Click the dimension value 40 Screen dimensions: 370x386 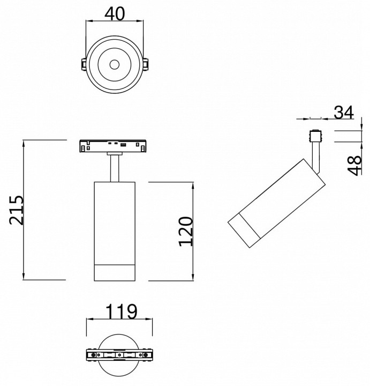click(x=115, y=14)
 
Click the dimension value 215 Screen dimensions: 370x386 click(x=17, y=210)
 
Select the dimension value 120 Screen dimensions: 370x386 click(x=186, y=232)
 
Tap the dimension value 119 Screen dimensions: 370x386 click(x=121, y=312)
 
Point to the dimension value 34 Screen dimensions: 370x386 click(x=344, y=113)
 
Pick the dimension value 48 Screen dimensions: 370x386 click(x=355, y=166)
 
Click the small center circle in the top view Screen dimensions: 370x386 click(x=114, y=64)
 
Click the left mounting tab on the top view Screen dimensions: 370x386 click(x=84, y=64)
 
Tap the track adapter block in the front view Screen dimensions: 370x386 click(x=114, y=146)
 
